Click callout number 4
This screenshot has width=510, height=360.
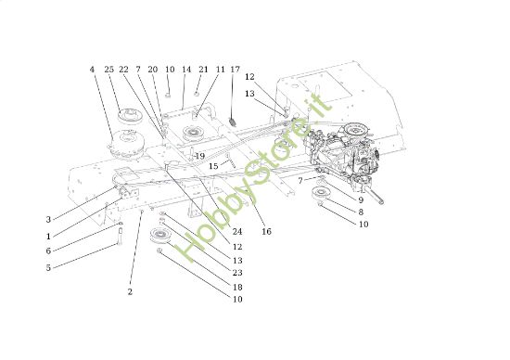[92, 70]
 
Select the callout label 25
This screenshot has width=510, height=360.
[109, 70]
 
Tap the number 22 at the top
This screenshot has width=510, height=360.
[123, 70]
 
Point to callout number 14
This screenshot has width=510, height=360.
[186, 70]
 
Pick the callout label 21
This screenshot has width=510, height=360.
[203, 70]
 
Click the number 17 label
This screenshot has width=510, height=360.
[235, 70]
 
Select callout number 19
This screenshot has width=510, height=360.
[199, 156]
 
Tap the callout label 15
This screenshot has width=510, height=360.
[213, 166]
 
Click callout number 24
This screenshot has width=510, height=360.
[237, 231]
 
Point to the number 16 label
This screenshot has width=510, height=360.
[266, 231]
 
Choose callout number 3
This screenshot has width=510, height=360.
[48, 220]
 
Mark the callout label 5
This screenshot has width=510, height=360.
[48, 268]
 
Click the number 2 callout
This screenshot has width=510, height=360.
[130, 292]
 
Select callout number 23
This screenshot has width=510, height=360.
[238, 273]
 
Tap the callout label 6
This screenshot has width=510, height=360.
[48, 251]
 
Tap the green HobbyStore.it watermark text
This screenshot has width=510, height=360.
[255, 181]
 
